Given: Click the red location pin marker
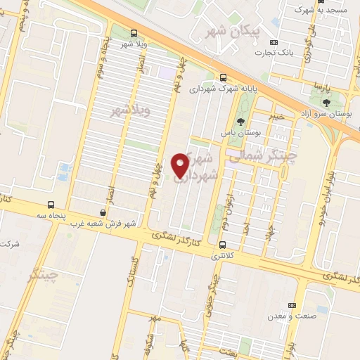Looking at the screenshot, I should coord(181,165).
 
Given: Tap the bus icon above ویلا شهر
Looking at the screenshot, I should coord(134,33).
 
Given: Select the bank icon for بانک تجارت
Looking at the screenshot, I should coord(274,42).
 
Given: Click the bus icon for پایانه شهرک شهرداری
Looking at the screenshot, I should coord(223,77).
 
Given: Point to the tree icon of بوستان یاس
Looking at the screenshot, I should coord(240,121).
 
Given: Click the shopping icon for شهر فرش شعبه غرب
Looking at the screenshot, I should coord(103,212).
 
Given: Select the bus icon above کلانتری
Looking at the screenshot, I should coord(223,245).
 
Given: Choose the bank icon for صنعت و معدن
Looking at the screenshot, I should coord(292,305).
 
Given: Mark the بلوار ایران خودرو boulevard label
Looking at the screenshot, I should coord(326,194).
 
